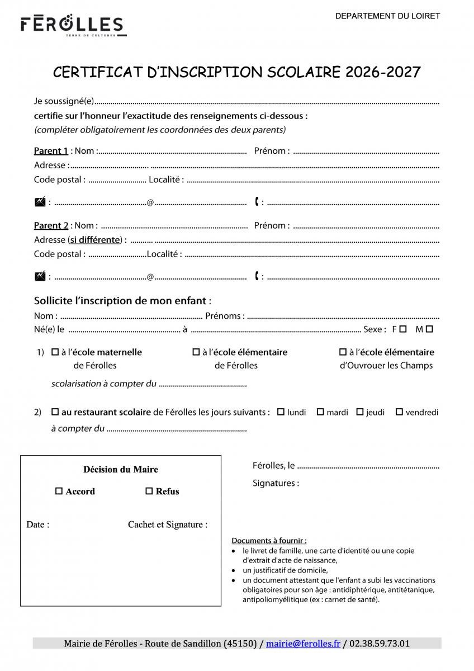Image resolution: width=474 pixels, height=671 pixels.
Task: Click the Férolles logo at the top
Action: point(72,26)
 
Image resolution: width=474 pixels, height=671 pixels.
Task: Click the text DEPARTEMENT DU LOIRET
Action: point(387,16)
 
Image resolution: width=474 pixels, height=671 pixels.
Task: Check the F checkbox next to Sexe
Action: point(403,329)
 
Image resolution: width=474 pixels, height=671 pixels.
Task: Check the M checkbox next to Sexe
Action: point(429,329)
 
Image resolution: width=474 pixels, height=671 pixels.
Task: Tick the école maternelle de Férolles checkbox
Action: point(55,352)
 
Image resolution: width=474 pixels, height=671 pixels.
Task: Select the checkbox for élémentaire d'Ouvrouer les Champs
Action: point(343,352)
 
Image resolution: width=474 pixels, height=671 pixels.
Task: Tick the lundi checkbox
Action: point(281,412)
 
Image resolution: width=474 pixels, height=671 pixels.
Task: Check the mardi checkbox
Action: point(320,412)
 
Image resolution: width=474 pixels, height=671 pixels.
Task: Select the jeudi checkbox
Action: point(360,412)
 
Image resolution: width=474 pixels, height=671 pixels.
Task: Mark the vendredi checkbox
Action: point(399,412)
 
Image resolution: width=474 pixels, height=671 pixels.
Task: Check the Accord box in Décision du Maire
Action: point(59,492)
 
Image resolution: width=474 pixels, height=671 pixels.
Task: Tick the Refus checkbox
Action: point(149,492)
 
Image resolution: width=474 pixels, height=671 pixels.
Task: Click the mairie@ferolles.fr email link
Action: point(303,644)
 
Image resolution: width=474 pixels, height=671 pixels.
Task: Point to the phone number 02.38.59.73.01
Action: point(380,644)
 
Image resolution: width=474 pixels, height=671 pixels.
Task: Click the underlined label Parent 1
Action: point(51,151)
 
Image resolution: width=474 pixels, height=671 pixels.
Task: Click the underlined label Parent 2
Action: point(51,226)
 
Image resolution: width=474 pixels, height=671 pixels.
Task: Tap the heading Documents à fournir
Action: point(269,541)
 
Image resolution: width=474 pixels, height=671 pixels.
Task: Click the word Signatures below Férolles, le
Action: point(276,483)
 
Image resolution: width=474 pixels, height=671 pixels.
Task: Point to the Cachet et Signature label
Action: point(168,524)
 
